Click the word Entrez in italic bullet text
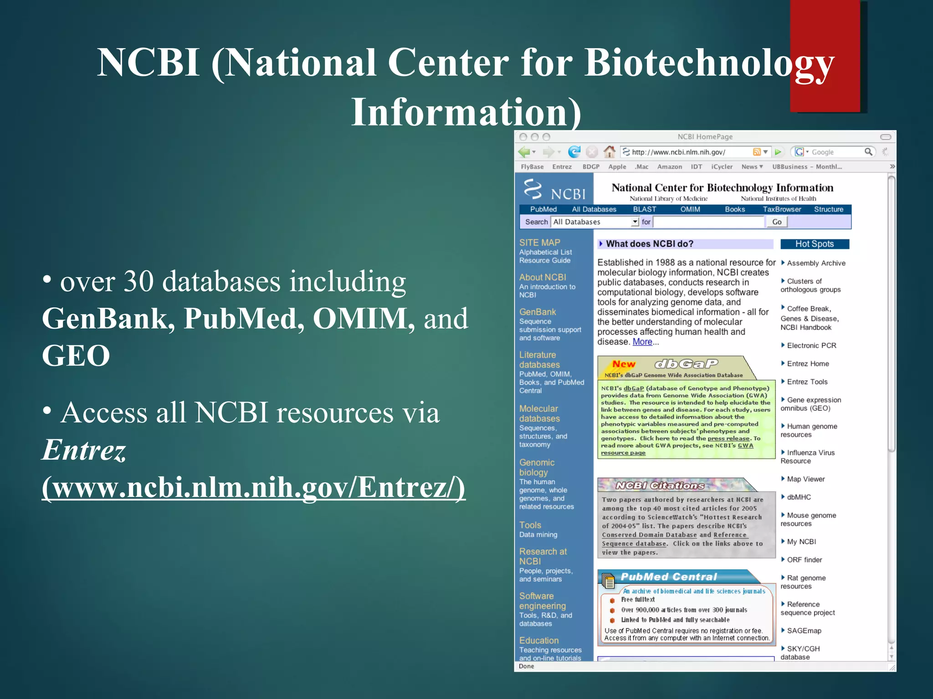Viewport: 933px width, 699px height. point(84,450)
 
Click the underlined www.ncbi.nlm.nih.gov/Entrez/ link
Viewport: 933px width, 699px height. point(253,487)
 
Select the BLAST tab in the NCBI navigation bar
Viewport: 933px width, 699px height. point(644,209)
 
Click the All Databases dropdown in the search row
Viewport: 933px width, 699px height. point(595,222)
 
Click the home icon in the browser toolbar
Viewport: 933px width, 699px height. point(609,152)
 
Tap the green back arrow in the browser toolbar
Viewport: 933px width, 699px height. point(524,152)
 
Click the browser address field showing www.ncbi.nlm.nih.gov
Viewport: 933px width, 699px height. point(688,152)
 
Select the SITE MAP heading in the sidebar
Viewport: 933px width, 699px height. point(539,243)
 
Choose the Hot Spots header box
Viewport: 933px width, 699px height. point(814,244)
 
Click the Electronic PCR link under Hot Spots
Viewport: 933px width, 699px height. point(811,345)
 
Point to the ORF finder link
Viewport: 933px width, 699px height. point(804,560)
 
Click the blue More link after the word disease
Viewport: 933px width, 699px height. point(642,342)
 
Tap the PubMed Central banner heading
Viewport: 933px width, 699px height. point(668,577)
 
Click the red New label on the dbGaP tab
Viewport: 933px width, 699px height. point(623,364)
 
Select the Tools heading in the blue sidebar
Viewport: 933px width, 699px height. point(530,525)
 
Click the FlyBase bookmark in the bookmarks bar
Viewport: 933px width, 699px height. point(532,167)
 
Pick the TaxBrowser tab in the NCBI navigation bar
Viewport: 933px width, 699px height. point(782,209)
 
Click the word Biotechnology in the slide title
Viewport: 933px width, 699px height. point(709,63)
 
